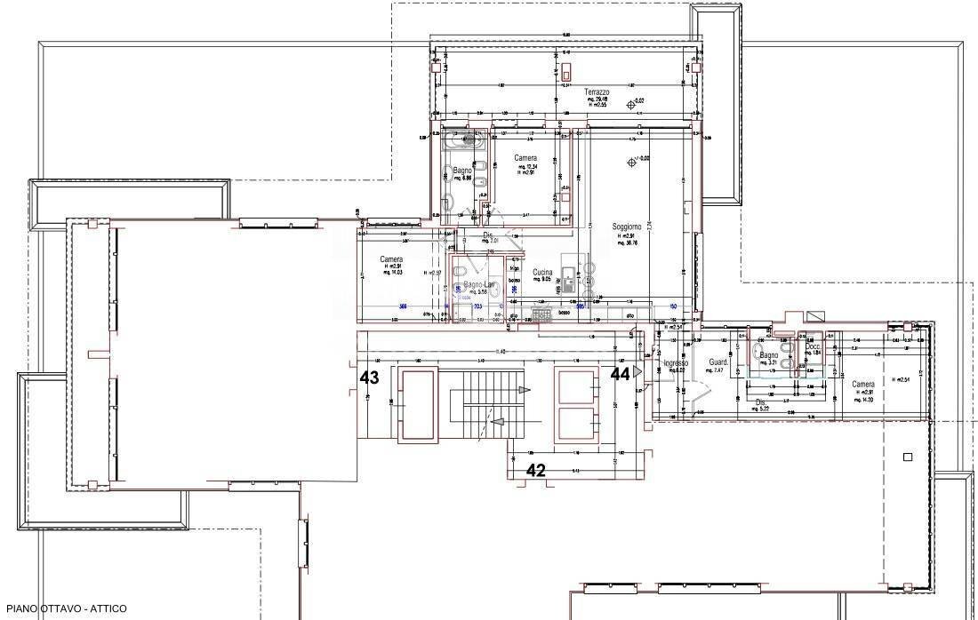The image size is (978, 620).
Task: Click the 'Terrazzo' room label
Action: [x=597, y=92]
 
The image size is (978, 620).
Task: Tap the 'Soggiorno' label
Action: [x=627, y=227]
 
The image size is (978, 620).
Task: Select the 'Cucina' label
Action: [x=542, y=273]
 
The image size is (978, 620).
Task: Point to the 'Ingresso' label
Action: [x=676, y=363]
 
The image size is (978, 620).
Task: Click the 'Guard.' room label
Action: [x=718, y=362]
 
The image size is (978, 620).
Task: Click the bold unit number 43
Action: [x=369, y=378]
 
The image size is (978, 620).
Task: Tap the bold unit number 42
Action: [x=535, y=471]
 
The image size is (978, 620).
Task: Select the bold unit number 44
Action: [x=620, y=375]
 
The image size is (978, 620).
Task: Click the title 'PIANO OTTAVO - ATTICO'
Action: [x=66, y=608]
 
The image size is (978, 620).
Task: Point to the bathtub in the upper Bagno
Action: [x=463, y=141]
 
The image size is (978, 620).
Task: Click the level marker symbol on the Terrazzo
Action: [x=632, y=104]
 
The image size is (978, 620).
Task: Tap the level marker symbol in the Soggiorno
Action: [x=632, y=162]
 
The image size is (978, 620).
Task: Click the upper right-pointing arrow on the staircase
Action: [x=525, y=390]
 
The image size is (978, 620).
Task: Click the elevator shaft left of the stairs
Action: [x=417, y=405]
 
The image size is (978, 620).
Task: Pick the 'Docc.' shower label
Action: [x=813, y=346]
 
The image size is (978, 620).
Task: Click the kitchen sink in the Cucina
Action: [x=567, y=280]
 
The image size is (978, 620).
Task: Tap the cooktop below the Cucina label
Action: [x=541, y=313]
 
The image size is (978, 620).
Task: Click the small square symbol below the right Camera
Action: [x=907, y=457]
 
